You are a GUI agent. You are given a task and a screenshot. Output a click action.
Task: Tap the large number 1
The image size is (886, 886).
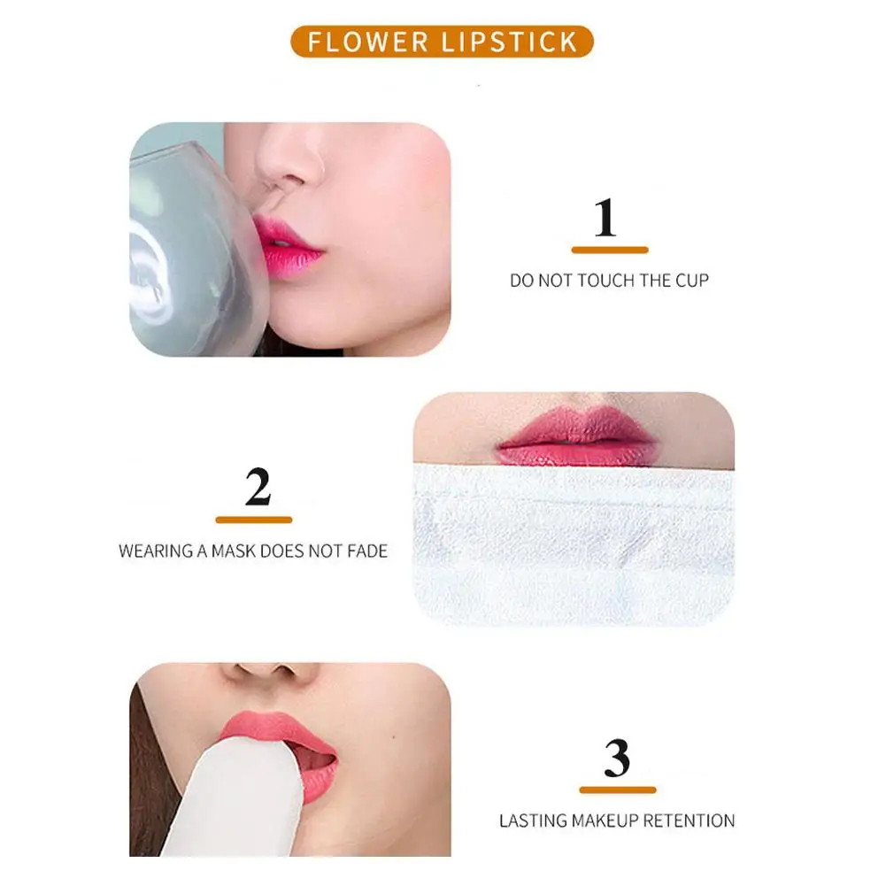click(605, 218)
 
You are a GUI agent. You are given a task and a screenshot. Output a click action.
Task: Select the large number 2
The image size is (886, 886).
click(258, 487)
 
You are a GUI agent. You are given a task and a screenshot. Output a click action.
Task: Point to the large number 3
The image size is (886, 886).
click(617, 759)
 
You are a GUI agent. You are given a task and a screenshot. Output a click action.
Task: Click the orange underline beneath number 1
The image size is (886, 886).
click(610, 250)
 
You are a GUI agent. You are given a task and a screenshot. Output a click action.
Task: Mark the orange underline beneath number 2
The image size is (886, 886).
click(254, 520)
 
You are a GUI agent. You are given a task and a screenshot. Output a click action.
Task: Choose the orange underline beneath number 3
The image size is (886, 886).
click(618, 790)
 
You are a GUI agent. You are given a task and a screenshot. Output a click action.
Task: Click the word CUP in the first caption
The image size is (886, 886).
click(692, 281)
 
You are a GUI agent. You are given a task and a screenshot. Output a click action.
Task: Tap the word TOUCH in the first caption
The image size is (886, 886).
click(606, 281)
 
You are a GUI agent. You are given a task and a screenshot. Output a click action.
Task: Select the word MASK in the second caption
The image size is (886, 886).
click(235, 551)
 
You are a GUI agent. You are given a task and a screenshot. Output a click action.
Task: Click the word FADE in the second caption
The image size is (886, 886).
click(366, 551)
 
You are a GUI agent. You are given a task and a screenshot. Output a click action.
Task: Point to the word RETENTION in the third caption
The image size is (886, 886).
click(689, 821)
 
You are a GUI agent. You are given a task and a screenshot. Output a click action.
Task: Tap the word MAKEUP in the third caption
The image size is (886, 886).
click(602, 821)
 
